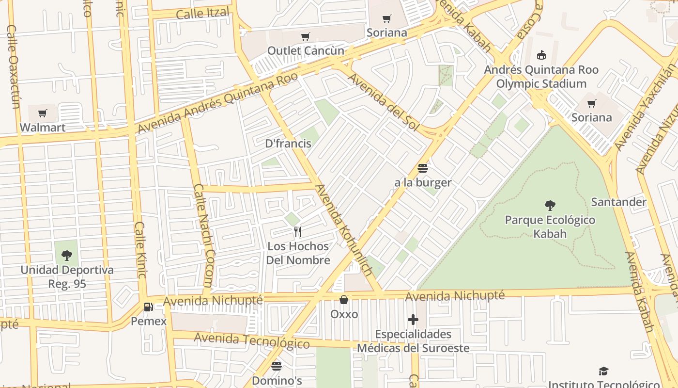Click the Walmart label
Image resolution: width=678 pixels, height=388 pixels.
point(43,128)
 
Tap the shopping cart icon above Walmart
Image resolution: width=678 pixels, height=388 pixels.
point(43,113)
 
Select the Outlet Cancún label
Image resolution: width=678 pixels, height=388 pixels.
point(306,50)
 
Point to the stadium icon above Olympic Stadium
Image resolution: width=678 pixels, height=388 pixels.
point(541,55)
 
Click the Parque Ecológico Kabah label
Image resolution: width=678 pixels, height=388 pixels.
point(550,226)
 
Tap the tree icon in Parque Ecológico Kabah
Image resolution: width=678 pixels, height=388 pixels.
point(550,205)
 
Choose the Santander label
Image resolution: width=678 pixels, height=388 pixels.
point(618,202)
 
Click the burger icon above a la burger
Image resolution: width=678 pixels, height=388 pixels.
point(422,168)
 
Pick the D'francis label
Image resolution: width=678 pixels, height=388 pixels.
point(288,144)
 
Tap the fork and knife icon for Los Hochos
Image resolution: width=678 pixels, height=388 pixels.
point(298,232)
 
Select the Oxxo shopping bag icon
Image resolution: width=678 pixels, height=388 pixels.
point(344,300)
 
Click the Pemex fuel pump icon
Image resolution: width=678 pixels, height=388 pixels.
point(149,307)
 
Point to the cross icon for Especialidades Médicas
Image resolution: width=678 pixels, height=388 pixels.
point(413,320)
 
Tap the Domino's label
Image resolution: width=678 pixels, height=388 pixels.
point(277,381)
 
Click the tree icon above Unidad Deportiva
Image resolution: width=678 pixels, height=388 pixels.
point(67,255)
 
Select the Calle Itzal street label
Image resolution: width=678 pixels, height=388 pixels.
point(202,13)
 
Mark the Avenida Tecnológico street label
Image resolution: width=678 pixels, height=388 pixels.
point(251,340)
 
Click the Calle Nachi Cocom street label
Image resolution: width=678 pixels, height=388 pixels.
point(203,235)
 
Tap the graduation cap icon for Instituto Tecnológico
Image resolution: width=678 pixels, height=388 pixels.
point(603,372)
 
